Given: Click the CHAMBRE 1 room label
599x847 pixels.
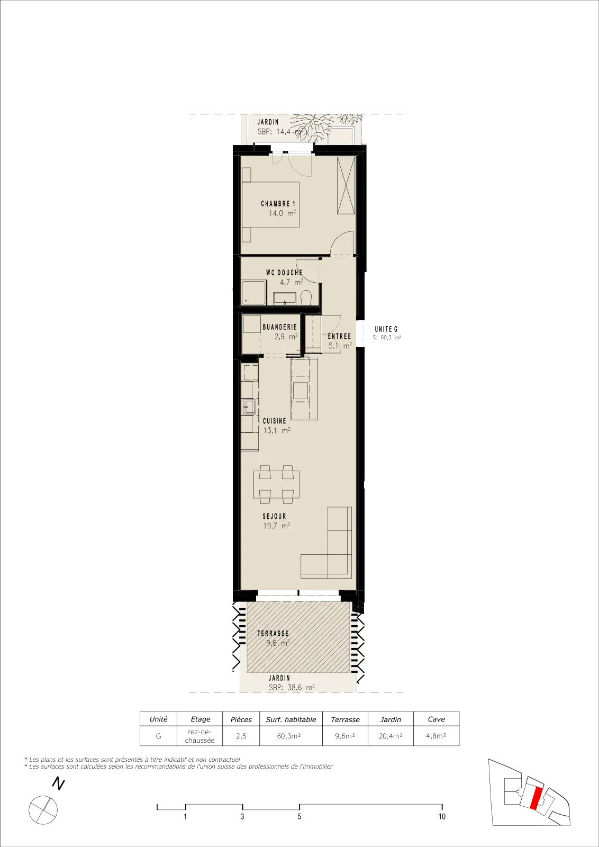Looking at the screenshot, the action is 278,204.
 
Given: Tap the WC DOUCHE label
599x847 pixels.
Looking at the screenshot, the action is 284,273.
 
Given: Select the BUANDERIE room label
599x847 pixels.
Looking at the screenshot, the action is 280,327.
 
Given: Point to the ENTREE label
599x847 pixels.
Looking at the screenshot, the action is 339,336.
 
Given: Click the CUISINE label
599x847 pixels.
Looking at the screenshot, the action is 275,421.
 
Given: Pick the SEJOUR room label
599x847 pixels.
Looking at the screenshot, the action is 275,516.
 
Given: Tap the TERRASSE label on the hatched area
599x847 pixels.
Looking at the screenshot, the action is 273,633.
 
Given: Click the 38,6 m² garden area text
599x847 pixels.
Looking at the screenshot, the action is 301,688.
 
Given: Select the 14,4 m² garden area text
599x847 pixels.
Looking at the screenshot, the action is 290,132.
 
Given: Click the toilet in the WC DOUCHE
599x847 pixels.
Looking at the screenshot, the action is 306,297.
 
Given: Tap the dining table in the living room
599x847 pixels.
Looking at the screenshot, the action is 276,485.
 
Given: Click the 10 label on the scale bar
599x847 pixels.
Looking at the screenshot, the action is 442,816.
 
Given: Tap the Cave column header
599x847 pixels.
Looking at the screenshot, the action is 437,719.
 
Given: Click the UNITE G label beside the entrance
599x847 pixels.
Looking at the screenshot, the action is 386,329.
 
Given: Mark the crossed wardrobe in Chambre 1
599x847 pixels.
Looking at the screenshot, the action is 346,186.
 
